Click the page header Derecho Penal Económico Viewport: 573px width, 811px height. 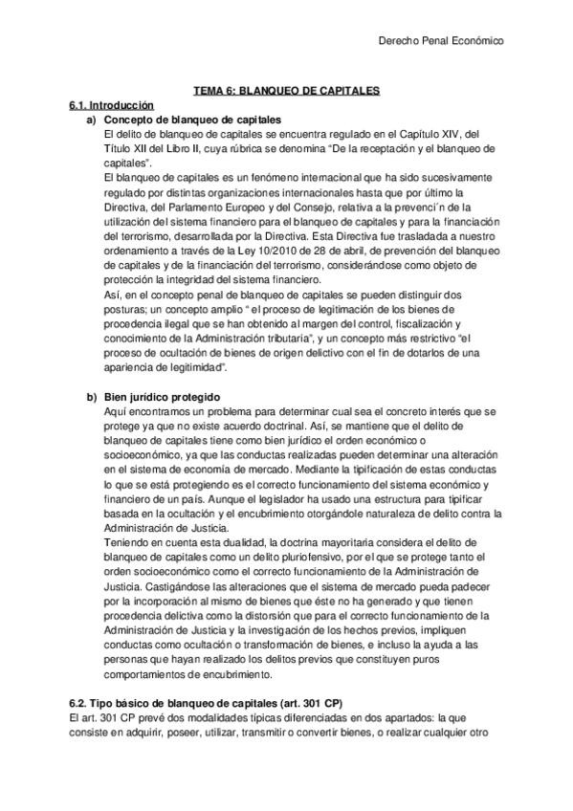pos(441,41)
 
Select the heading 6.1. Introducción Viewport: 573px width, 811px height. pos(111,104)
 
